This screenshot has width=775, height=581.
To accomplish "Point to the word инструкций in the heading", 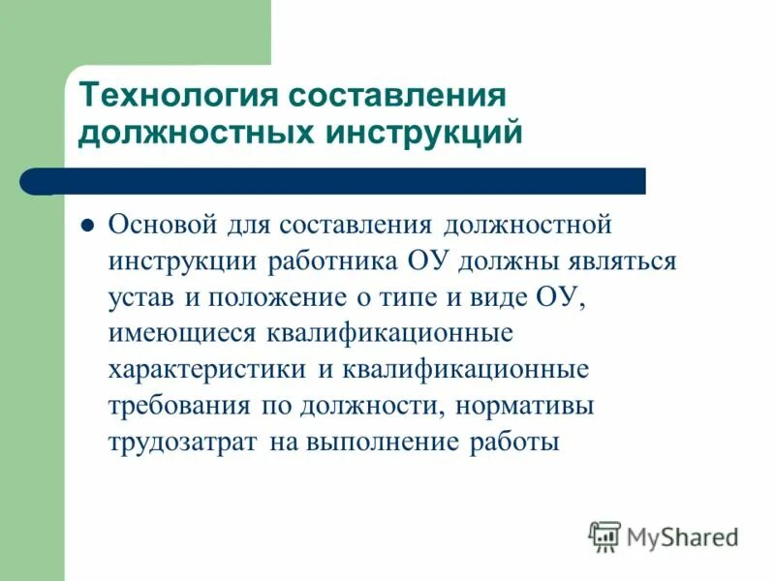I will [424, 133].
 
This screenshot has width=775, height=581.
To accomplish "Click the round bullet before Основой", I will [85, 226].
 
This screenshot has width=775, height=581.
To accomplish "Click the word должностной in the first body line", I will [528, 226].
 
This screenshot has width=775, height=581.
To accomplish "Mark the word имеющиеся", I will [180, 334].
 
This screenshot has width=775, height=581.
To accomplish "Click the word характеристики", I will [206, 371].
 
